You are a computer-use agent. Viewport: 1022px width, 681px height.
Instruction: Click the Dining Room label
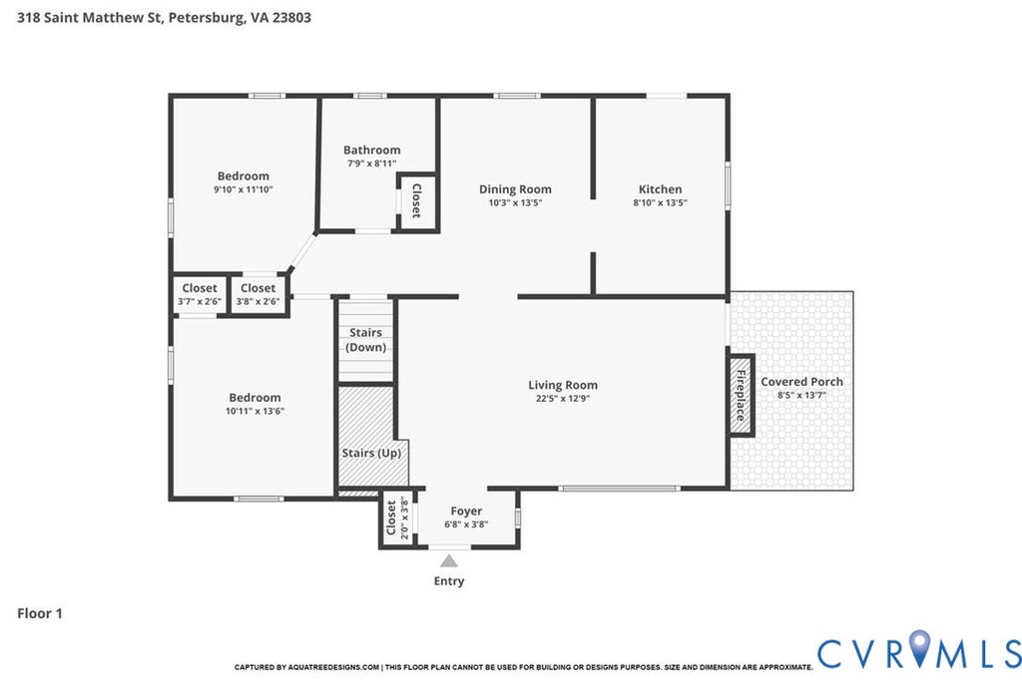click(515, 189)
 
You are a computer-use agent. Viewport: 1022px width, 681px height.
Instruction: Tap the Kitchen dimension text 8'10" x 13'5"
click(660, 202)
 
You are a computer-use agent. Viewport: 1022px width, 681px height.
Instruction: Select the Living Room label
click(563, 385)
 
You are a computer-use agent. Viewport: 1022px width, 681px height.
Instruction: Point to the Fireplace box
click(742, 395)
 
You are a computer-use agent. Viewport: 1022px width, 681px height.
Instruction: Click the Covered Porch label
click(801, 382)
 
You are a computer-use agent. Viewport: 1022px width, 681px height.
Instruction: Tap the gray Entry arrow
click(448, 560)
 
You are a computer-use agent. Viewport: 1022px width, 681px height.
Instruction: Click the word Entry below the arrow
click(449, 580)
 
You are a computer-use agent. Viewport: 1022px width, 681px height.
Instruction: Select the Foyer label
click(466, 511)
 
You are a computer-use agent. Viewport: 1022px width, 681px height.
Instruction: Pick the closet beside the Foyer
click(396, 518)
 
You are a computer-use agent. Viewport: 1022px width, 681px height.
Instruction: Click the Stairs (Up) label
click(371, 453)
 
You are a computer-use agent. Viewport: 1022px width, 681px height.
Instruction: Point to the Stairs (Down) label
click(365, 340)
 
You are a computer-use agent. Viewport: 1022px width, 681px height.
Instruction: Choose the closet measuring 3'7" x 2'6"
click(200, 294)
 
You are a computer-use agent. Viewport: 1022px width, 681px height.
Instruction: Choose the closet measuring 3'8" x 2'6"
click(258, 294)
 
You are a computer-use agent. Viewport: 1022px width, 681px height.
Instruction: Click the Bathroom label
click(372, 150)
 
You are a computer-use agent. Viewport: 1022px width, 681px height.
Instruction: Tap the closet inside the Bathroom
click(416, 200)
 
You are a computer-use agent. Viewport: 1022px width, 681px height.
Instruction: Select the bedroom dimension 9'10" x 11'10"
click(244, 189)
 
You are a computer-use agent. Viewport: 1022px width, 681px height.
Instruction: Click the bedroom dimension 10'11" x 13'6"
click(255, 411)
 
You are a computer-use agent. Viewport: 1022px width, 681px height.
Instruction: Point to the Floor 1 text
click(40, 613)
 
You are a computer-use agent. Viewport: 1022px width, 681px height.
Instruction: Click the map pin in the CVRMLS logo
click(919, 647)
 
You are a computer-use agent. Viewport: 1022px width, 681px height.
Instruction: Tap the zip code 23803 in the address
click(291, 17)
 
